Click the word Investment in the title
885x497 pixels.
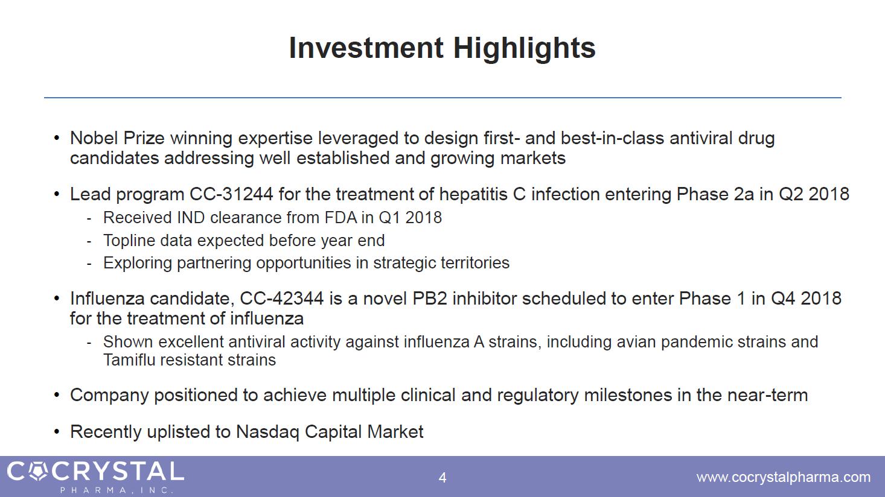[x=366, y=48]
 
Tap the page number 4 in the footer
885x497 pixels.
[x=442, y=478]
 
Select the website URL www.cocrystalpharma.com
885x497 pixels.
[x=784, y=477]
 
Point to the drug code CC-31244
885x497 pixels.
[x=231, y=194]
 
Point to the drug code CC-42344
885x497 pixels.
[x=282, y=299]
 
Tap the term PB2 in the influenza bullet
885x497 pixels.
[x=429, y=299]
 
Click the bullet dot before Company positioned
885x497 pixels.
[x=57, y=395]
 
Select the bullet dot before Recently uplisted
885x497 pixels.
[x=57, y=432]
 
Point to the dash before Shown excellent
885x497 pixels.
[x=89, y=343]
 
